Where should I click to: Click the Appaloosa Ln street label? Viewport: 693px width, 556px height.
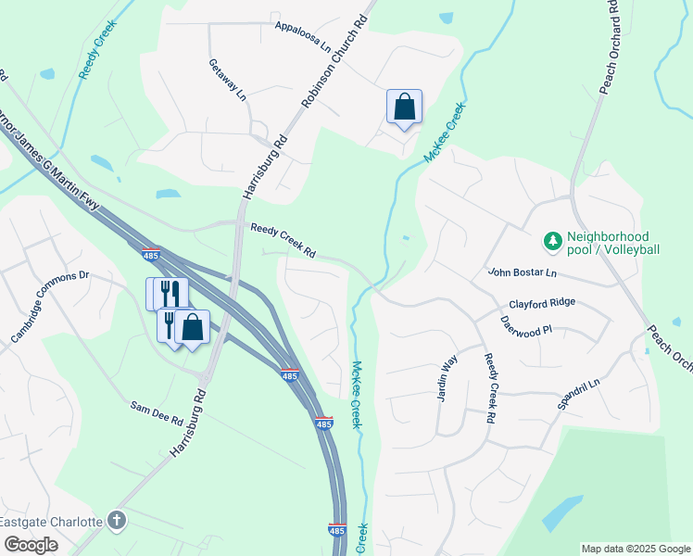[x=302, y=34]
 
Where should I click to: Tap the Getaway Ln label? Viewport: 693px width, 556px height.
[x=227, y=80]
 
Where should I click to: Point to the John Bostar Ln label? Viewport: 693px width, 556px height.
[x=523, y=272]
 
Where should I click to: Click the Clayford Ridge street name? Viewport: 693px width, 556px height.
[x=542, y=303]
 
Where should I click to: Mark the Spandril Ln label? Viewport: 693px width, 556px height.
[x=578, y=396]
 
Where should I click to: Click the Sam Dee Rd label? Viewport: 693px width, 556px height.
[x=157, y=412]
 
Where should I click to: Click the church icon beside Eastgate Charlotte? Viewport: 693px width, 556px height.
[x=116, y=520]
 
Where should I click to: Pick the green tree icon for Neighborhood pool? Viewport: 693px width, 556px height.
[x=552, y=242]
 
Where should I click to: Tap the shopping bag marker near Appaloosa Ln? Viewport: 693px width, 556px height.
[x=404, y=107]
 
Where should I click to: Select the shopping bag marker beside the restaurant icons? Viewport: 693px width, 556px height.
[x=192, y=327]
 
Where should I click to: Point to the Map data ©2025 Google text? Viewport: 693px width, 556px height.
[x=635, y=549]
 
